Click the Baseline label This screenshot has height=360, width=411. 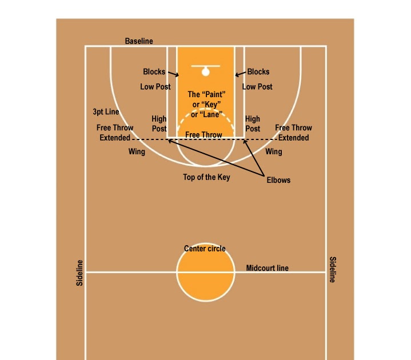point(139,41)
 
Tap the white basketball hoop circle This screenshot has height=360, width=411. point(205,71)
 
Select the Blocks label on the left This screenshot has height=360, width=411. point(154,72)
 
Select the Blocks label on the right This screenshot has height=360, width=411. point(258,72)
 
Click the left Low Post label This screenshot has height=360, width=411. point(155,87)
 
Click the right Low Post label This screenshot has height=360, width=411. point(257,87)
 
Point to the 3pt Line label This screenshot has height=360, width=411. point(106,112)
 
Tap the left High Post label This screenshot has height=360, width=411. point(159,124)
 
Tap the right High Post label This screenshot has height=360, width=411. point(253,124)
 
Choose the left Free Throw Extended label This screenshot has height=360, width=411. point(115,133)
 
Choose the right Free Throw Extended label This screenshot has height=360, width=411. point(294,133)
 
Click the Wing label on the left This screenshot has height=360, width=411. point(137,152)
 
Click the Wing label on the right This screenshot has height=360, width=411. point(274,152)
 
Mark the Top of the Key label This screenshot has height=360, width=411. point(206,177)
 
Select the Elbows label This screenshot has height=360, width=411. point(278,180)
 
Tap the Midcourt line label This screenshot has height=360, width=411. point(267,268)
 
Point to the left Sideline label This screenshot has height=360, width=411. point(80,273)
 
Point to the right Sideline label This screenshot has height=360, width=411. point(332,269)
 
